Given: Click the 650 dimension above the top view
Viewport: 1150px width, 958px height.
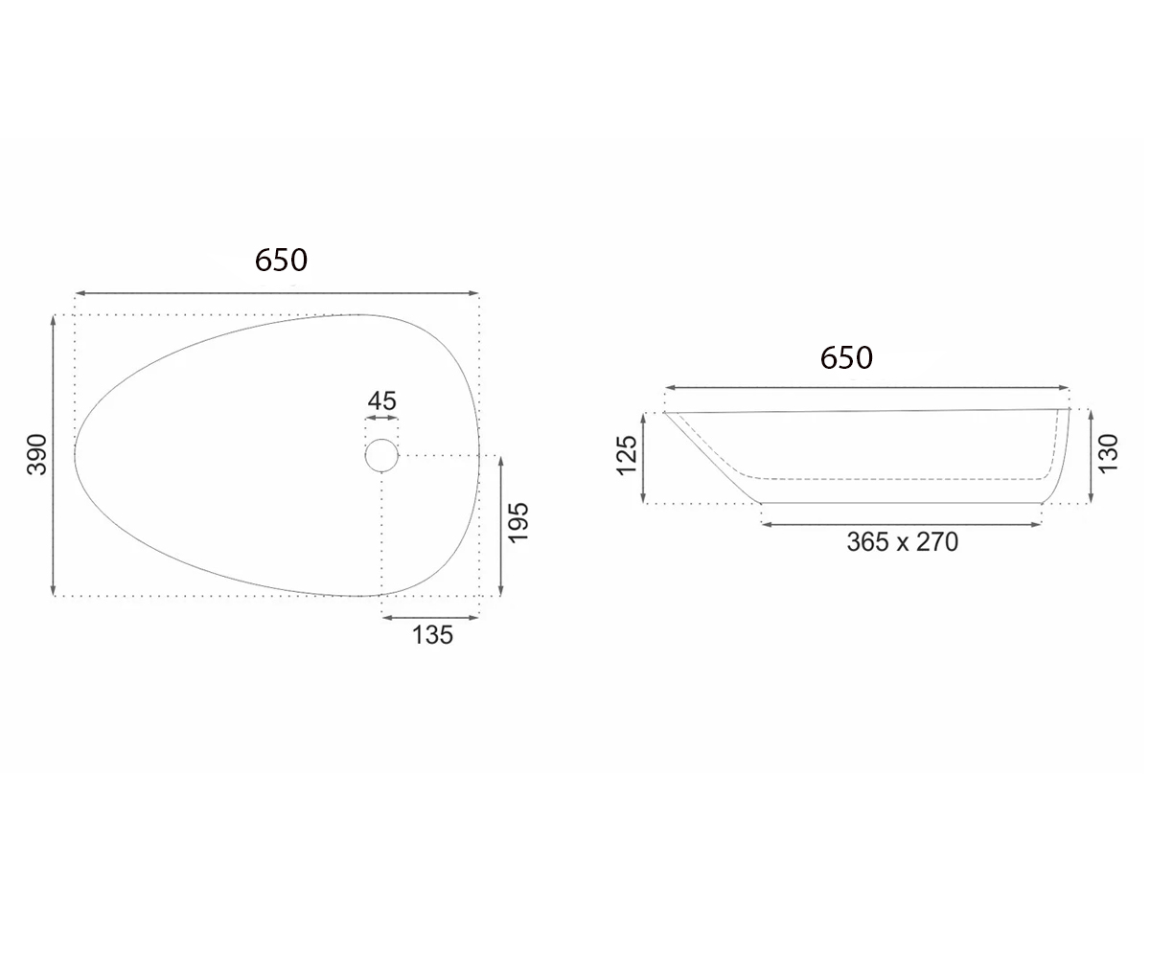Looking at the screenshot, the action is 281,260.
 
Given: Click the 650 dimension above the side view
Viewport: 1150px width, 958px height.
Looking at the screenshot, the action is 846,358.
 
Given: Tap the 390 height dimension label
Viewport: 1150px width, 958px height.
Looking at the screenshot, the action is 37,455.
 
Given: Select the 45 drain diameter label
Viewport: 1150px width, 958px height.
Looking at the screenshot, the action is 381,400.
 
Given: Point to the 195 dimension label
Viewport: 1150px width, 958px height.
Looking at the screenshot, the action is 518,523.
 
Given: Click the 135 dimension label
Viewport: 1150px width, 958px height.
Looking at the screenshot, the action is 433,635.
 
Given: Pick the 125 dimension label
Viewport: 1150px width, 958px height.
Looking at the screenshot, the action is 626,455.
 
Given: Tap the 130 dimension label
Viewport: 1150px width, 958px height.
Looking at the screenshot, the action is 1108,454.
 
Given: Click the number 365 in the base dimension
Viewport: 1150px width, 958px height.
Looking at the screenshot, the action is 868,542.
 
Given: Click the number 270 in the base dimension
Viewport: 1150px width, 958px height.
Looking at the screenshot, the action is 937,542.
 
